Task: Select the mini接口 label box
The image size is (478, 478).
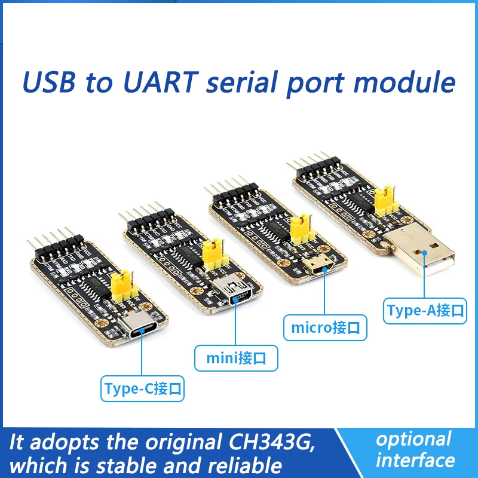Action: (236, 358)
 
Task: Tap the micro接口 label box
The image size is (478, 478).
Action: (324, 327)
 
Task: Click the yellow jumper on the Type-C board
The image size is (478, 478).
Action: (122, 284)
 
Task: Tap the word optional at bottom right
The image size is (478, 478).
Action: (413, 439)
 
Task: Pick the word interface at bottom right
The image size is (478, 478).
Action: (416, 460)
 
